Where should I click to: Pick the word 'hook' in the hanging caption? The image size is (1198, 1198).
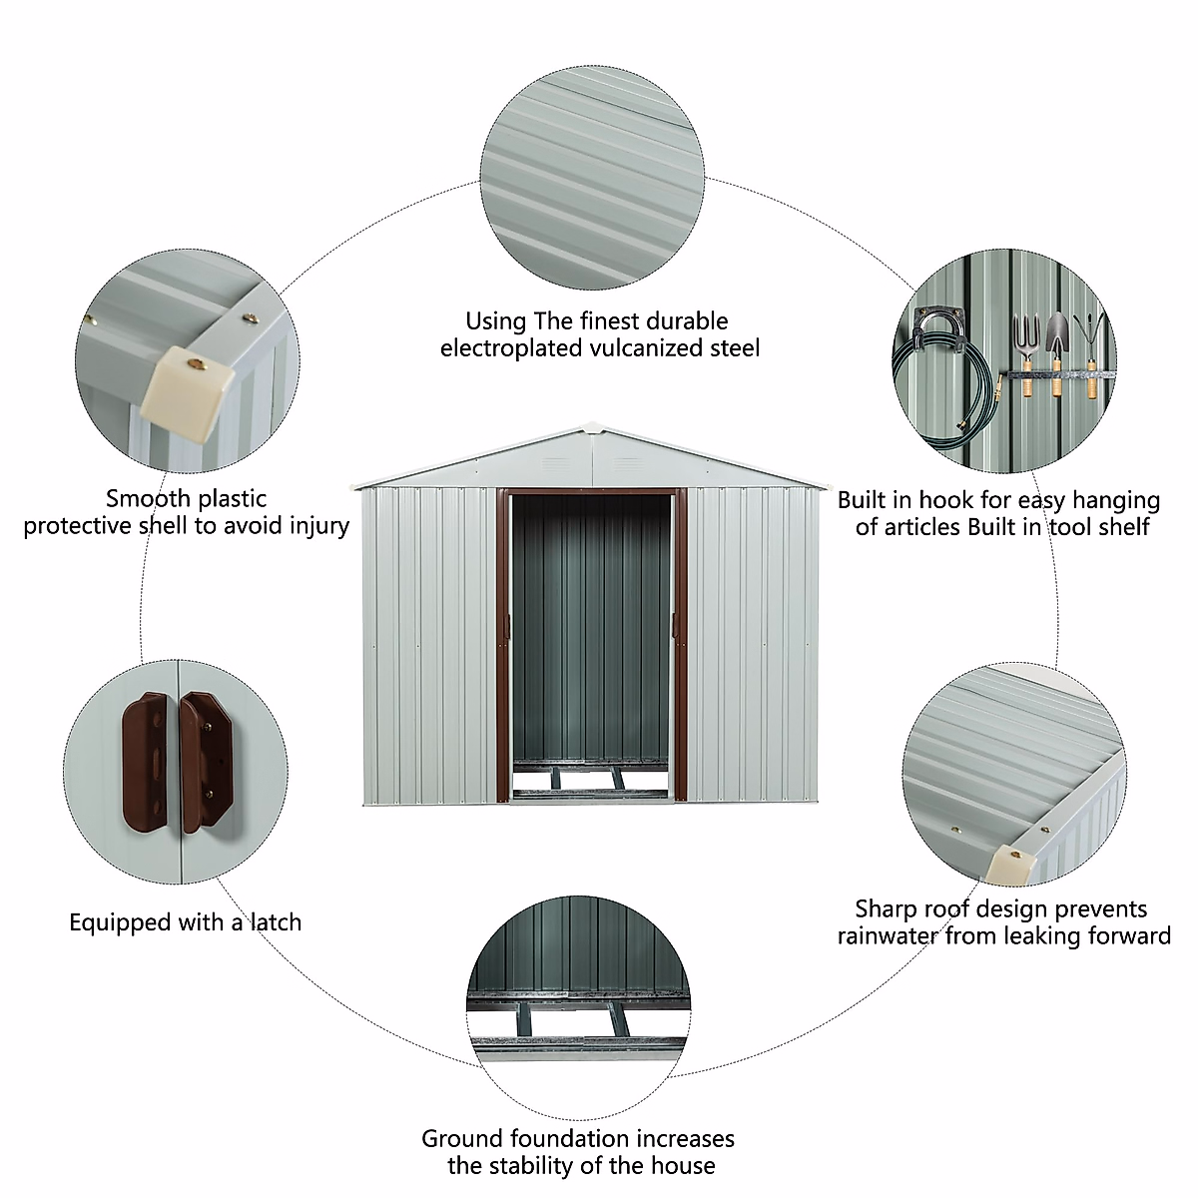pyautogui.click(x=945, y=500)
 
